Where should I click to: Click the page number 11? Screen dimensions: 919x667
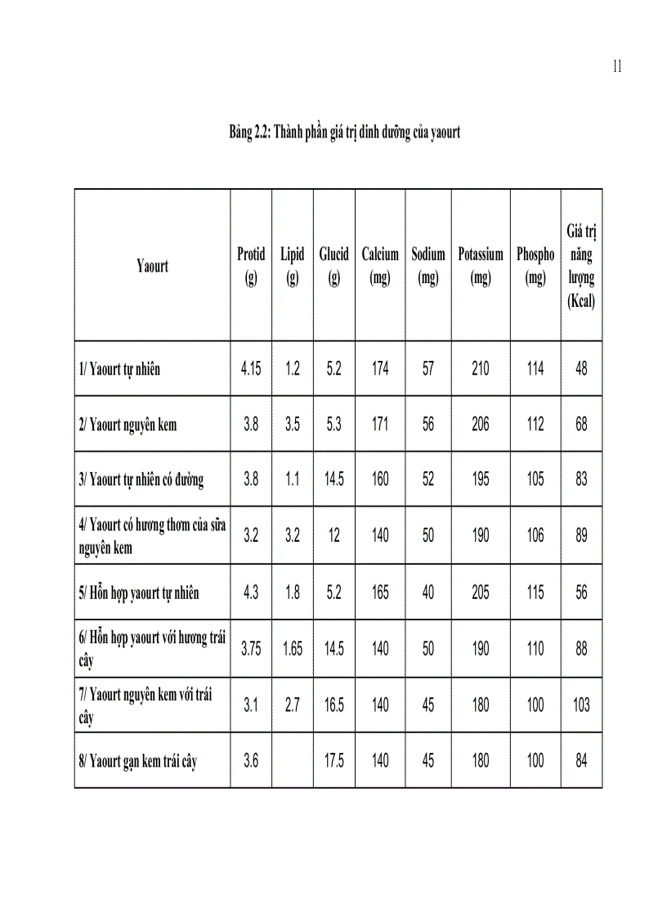617,67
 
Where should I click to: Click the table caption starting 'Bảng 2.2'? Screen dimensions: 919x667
344,132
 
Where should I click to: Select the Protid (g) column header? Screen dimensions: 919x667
251,266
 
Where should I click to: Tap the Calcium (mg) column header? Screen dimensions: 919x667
380,266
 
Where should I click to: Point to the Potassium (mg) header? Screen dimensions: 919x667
481,266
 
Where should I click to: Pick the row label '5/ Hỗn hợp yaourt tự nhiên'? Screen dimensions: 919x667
139,592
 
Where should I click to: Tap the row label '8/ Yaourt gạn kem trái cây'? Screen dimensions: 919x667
138,762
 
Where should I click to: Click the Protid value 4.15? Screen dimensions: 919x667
251,369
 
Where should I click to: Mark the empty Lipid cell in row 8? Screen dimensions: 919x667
293,761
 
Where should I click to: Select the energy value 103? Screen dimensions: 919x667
581,705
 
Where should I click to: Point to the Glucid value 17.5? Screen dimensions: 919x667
333,761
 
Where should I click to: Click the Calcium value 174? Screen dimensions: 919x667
380,369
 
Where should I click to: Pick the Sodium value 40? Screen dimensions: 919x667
428,592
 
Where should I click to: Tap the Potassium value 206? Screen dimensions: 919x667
481,425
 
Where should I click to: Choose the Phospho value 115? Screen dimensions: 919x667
535,592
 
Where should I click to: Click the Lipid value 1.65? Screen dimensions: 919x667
293,649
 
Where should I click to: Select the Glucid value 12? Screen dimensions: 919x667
333,536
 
